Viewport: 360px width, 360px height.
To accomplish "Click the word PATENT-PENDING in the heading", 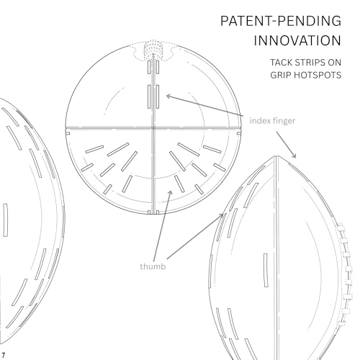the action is [x=281, y=21].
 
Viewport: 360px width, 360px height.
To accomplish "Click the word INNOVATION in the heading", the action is [x=297, y=40].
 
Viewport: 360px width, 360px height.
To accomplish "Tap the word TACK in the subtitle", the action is [x=281, y=63].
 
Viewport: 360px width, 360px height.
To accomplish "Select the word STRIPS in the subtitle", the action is [x=310, y=63].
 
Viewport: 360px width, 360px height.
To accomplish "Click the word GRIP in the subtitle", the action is [x=280, y=75].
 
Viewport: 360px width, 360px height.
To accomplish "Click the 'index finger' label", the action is [x=272, y=120].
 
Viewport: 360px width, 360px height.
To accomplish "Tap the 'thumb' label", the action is [x=153, y=266].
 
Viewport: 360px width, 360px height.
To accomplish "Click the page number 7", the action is [x=4, y=355].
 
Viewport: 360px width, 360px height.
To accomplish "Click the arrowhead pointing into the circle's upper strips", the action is [x=168, y=96].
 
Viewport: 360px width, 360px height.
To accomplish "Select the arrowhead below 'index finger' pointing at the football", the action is [x=294, y=156].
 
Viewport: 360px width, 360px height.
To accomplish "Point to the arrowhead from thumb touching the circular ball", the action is [x=171, y=193].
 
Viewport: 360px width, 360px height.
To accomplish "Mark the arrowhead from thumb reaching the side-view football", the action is [x=221, y=215].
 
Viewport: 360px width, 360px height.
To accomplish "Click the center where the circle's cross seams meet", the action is [x=153, y=128].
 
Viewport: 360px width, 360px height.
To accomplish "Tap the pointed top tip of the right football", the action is [x=276, y=156].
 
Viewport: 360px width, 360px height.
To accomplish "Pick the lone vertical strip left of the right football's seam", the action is [x=266, y=270].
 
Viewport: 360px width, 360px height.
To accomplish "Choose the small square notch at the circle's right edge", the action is [x=239, y=133].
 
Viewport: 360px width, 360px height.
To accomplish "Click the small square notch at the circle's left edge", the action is [x=68, y=133].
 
